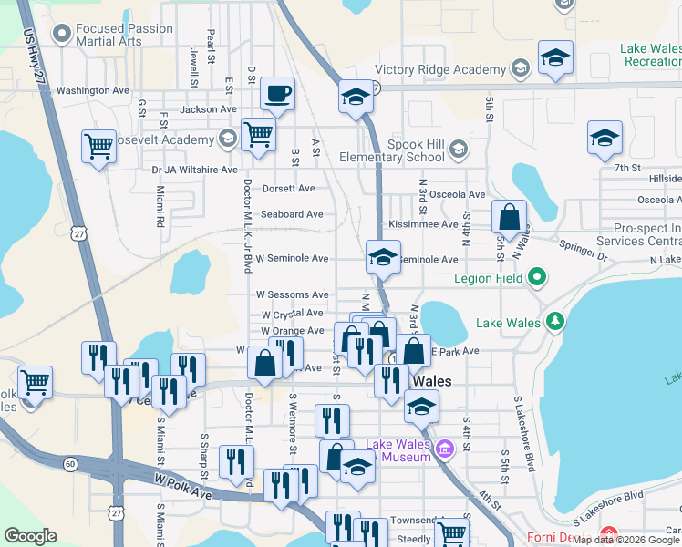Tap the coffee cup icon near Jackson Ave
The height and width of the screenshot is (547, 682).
click(x=277, y=93)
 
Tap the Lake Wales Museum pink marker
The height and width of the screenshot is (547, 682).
click(x=444, y=449)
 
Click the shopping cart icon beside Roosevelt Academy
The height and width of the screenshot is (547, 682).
click(x=259, y=134)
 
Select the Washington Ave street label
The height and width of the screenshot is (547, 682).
click(x=93, y=91)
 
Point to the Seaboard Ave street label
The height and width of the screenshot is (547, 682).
click(x=292, y=215)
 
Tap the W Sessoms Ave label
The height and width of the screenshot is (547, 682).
click(x=292, y=295)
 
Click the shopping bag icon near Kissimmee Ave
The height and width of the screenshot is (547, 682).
click(x=510, y=218)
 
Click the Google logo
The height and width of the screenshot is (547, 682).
click(x=30, y=536)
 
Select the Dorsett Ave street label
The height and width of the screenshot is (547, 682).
click(x=288, y=189)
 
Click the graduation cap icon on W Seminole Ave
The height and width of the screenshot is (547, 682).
click(x=384, y=258)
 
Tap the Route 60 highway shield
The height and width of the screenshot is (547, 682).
click(x=69, y=464)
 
